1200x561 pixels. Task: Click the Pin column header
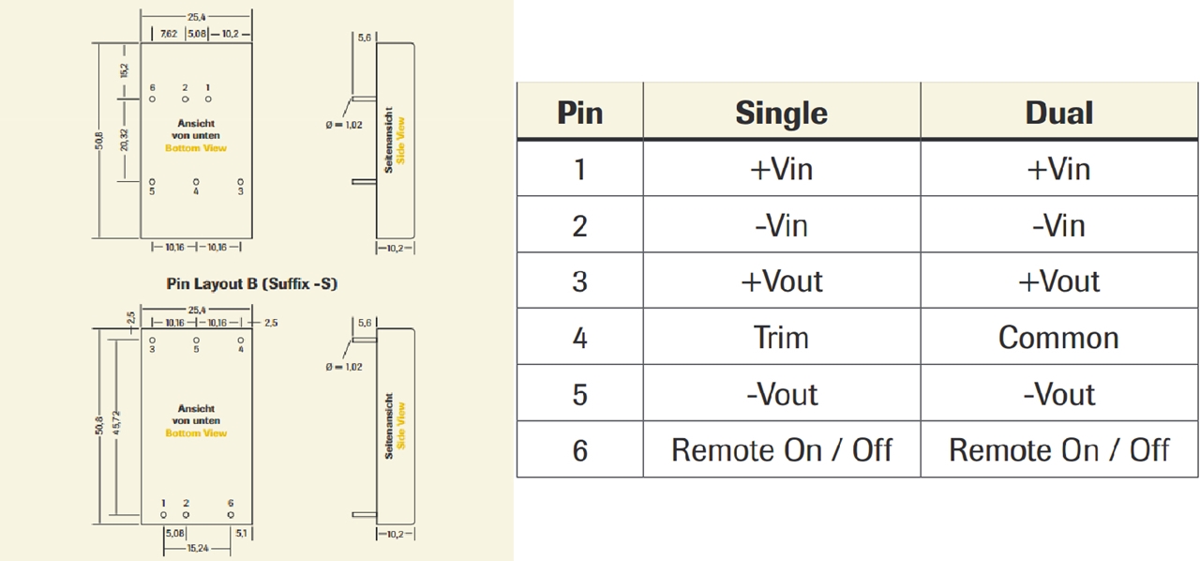pyautogui.click(x=579, y=114)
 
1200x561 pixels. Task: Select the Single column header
pyautogui.click(x=781, y=114)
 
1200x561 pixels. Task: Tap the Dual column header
pyautogui.click(x=1058, y=114)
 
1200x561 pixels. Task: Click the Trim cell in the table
pyautogui.click(x=781, y=338)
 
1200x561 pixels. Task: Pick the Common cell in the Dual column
pyautogui.click(x=1058, y=338)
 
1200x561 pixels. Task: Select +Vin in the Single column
pyautogui.click(x=781, y=170)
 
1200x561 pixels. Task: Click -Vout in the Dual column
pyautogui.click(x=1058, y=394)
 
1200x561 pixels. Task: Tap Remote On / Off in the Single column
pyautogui.click(x=781, y=450)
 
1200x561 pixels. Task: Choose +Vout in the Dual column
pyautogui.click(x=1058, y=281)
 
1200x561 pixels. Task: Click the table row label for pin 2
pyautogui.click(x=579, y=226)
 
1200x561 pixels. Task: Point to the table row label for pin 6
pyautogui.click(x=579, y=450)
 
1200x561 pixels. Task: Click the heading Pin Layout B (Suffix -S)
pyautogui.click(x=251, y=282)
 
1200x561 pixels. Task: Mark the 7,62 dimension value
pyautogui.click(x=168, y=34)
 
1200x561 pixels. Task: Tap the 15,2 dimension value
pyautogui.click(x=124, y=70)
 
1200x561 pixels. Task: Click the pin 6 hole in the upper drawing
pyautogui.click(x=152, y=99)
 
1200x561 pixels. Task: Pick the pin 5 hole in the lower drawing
pyautogui.click(x=196, y=340)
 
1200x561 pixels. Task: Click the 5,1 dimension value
pyautogui.click(x=241, y=534)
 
